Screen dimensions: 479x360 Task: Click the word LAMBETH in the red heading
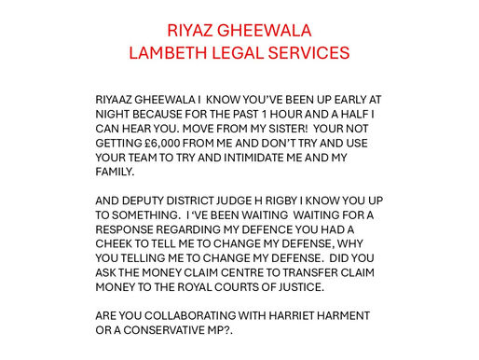[x=171, y=52]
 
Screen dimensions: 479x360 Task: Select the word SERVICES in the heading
[x=307, y=52]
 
